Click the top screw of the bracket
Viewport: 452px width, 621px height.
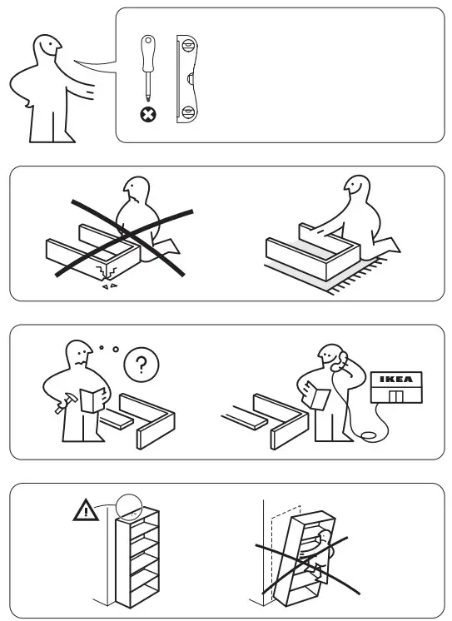[x=189, y=47]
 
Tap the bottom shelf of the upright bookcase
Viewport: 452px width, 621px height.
[x=138, y=587]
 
